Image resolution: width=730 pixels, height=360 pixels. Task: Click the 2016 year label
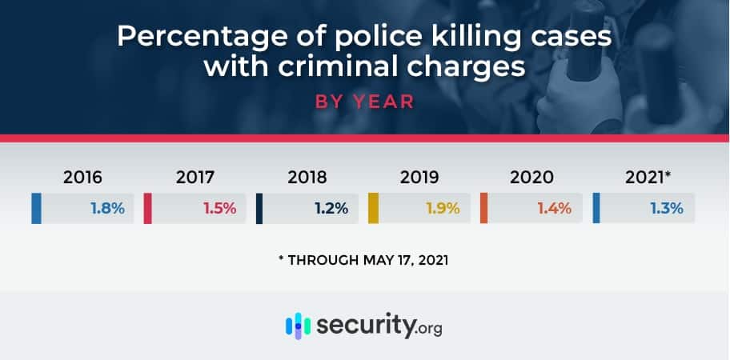(x=82, y=178)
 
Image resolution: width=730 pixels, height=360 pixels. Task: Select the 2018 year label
(x=307, y=178)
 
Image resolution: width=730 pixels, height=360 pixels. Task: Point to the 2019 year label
(x=419, y=178)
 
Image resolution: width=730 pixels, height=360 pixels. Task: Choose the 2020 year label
(x=531, y=178)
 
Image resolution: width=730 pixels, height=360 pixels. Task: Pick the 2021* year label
(x=644, y=178)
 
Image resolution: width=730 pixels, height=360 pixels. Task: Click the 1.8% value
(x=106, y=209)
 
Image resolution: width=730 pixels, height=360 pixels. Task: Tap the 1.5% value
(x=219, y=209)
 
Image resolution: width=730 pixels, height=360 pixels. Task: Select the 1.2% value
(x=331, y=209)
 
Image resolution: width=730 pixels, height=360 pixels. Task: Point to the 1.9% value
(x=443, y=209)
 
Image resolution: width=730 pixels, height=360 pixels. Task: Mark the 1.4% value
(x=554, y=209)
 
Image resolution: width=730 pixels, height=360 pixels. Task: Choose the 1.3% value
(x=666, y=209)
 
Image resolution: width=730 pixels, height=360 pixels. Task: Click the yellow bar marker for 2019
(x=372, y=208)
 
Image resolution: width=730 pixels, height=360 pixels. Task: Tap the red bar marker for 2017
(x=148, y=208)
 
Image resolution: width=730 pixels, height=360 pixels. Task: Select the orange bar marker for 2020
(x=484, y=208)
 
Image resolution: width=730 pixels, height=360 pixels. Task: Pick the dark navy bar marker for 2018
(x=260, y=208)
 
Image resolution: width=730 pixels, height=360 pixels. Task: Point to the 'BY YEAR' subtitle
(x=364, y=103)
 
